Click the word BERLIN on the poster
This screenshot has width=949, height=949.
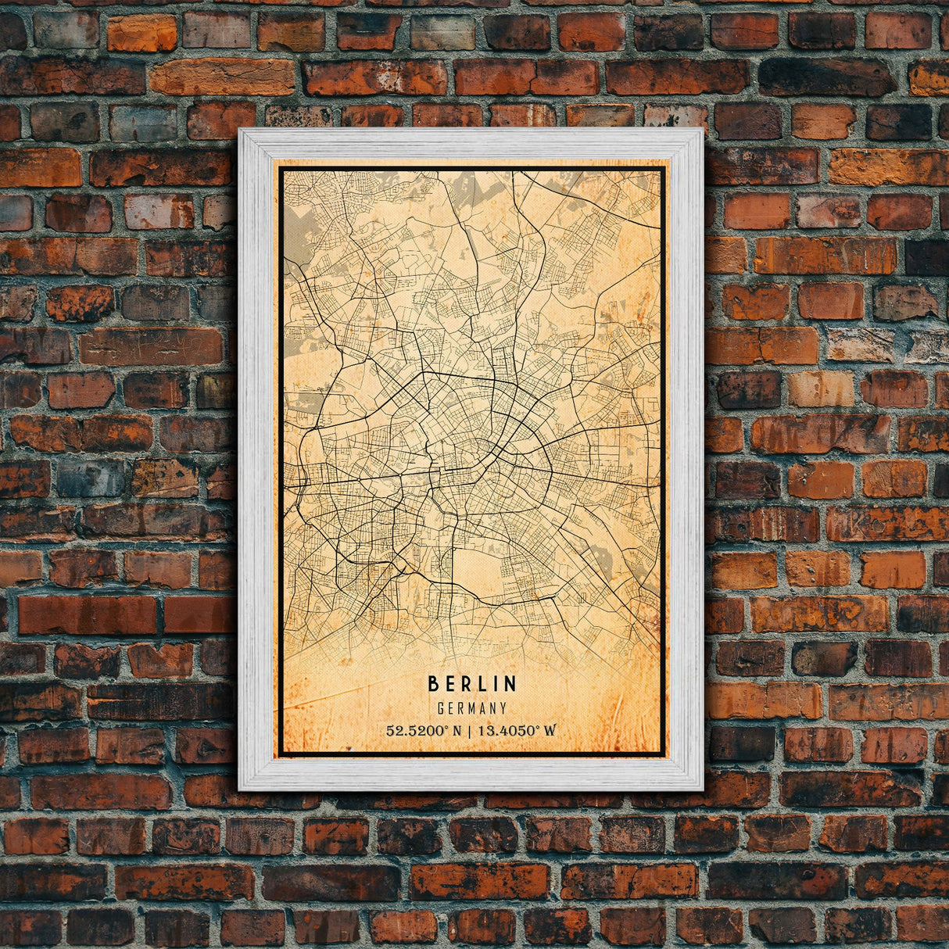point(472,684)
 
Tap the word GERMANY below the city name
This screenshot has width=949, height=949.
point(472,708)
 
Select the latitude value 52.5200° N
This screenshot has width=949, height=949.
point(424,731)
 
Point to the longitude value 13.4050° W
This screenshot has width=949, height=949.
point(517,731)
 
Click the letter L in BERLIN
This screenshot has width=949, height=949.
point(480,684)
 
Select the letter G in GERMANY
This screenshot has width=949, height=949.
point(442,708)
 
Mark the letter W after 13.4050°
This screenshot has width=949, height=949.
point(550,731)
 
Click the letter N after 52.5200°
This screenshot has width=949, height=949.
point(457,731)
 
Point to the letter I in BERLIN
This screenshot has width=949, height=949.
point(496,684)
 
